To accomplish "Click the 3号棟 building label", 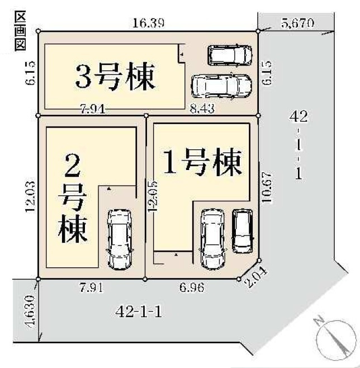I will click(x=115, y=78).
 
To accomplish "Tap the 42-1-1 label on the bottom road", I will click(x=140, y=312).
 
